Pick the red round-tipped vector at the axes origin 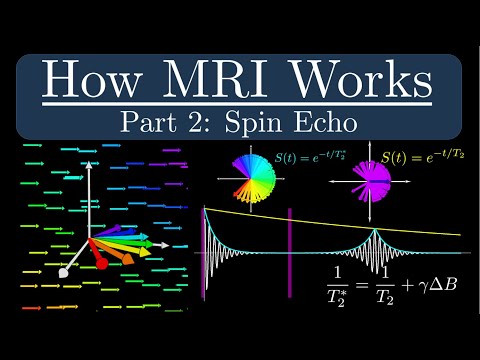pyautogui.click(x=100, y=263)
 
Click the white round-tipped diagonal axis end pyautogui.click(x=65, y=270)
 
